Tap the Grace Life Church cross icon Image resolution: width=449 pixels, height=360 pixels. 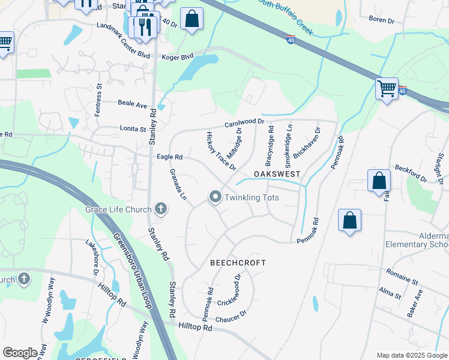[x=160, y=209]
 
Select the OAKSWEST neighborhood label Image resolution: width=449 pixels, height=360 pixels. [x=276, y=173]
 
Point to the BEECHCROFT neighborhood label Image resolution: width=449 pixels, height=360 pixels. [x=238, y=263]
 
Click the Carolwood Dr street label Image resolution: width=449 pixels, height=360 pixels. [x=244, y=123]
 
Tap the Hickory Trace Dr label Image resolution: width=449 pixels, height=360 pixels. [x=220, y=151]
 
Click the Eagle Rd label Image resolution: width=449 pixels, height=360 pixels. [x=169, y=157]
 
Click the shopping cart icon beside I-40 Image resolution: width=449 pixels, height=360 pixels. [x=387, y=89]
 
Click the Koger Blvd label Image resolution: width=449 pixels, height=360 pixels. [x=178, y=56]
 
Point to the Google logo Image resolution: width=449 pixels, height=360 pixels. [x=20, y=353]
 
